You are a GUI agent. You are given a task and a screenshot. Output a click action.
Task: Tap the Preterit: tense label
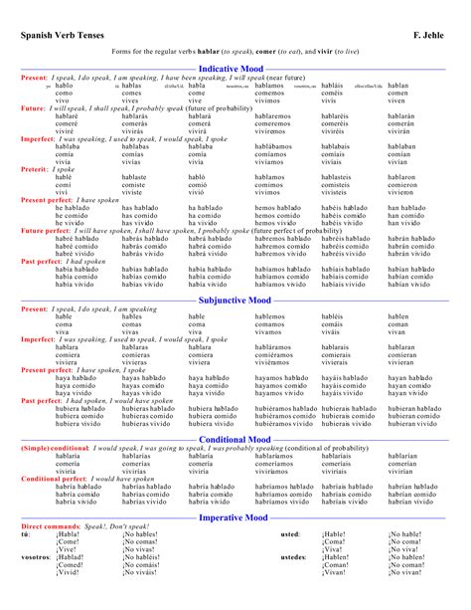click(x=38, y=169)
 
